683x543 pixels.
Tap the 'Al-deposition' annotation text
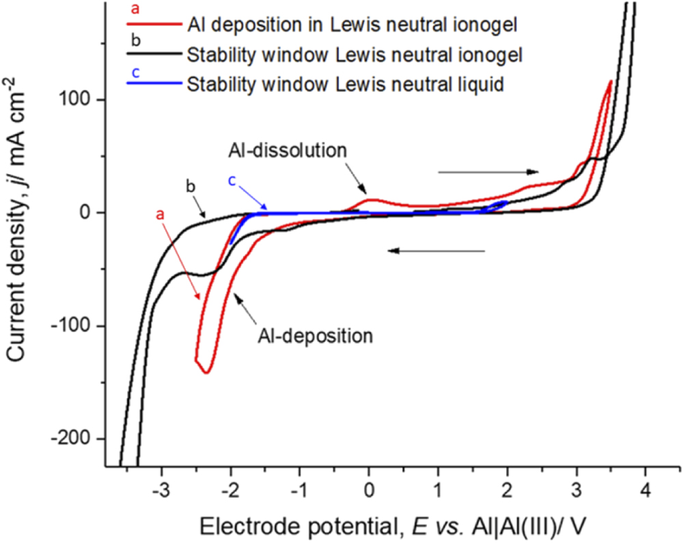[315, 335]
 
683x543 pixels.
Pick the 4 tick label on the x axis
[646, 490]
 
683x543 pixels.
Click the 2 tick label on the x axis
[507, 490]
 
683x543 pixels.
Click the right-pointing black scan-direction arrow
[488, 172]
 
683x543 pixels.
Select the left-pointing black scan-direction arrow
[437, 251]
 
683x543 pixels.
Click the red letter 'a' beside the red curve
[161, 213]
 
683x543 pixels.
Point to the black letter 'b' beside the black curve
[191, 186]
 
